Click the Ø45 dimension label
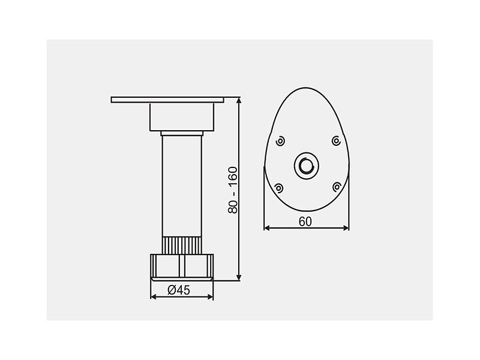pos(179,290)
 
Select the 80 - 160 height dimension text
pos(233,190)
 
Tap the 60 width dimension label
pos(305,221)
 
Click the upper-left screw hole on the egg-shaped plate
pos(280,141)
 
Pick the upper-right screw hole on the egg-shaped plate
pos(337,141)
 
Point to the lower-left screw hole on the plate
pos(278,188)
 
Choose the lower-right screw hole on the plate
pos(337,187)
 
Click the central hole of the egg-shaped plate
pos(306,166)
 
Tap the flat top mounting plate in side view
pos(167,100)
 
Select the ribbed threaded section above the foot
pos(182,245)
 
